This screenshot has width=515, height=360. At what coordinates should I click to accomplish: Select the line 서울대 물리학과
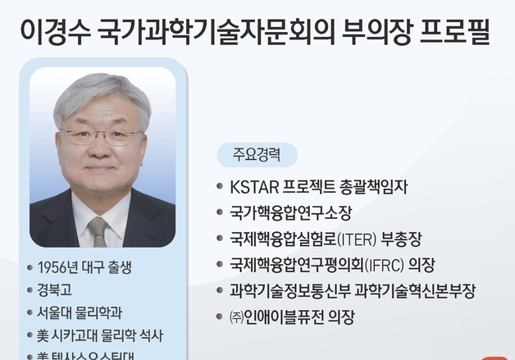80,312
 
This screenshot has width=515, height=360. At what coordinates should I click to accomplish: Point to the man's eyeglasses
103,134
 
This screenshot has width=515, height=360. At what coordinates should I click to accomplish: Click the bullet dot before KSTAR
219,186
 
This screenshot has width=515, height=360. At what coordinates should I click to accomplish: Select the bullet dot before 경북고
30,289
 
